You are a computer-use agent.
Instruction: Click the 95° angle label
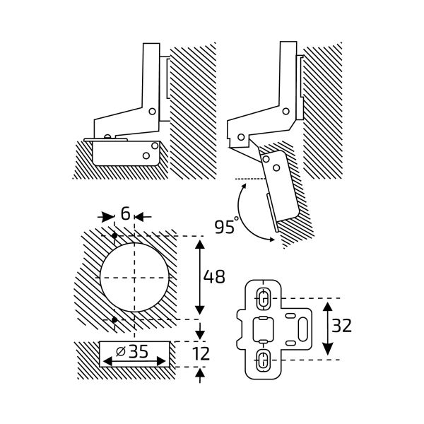[x=225, y=227]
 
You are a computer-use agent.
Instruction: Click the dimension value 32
[x=341, y=326]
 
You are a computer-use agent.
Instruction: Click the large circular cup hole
[x=134, y=278]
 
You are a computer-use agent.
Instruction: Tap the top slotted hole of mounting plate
[x=261, y=298]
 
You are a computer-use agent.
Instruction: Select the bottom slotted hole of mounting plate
[x=261, y=359]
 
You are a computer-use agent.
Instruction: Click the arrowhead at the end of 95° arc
[x=273, y=240]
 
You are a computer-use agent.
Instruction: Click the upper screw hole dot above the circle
[x=114, y=235]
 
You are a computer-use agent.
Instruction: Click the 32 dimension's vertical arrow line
[x=327, y=329]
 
